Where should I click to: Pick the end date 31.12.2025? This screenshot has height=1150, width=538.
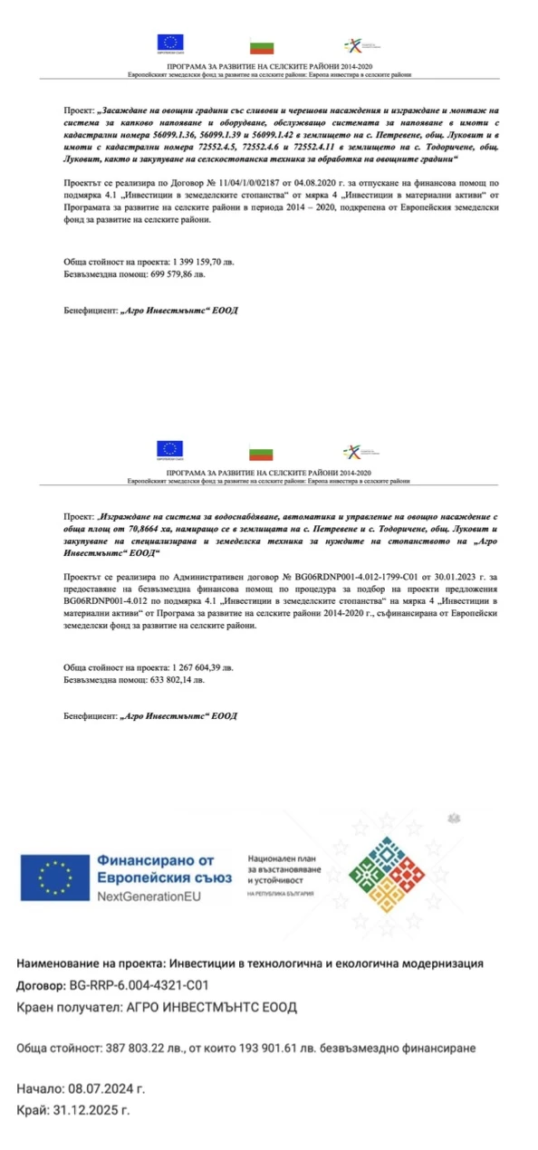93,1109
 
